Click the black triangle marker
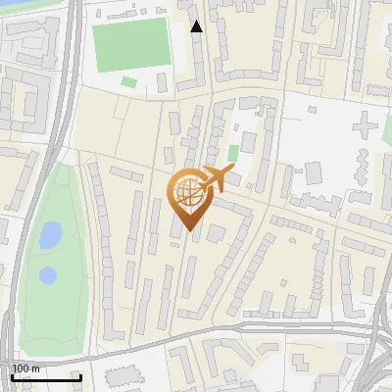click(x=197, y=26)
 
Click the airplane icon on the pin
click(x=218, y=177)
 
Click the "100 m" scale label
click(x=25, y=368)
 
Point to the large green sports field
click(x=131, y=43)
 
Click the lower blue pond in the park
click(x=47, y=275)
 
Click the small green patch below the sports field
click(x=129, y=81)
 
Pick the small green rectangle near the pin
click(x=233, y=153)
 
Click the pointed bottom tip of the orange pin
click(x=189, y=231)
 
